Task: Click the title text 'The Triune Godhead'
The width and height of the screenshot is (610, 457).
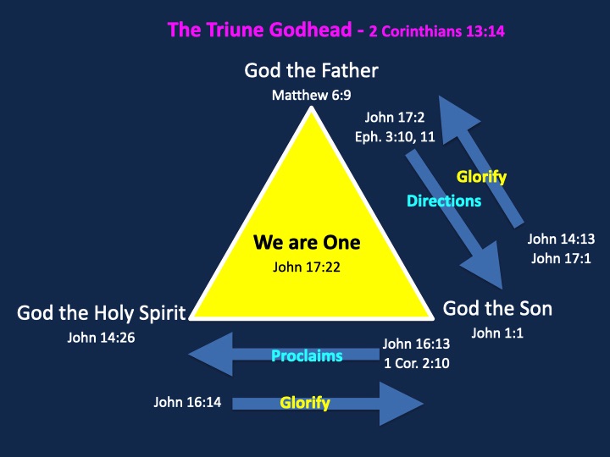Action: pos(260,30)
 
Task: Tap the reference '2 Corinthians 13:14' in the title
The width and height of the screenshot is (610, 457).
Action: pos(437,31)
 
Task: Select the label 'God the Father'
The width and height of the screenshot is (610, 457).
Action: pos(311,71)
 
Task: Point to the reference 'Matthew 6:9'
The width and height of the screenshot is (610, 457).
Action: pos(311,95)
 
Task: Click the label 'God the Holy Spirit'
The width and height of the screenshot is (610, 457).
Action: pos(102,313)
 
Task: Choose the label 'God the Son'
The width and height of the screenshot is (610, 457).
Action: pos(497,309)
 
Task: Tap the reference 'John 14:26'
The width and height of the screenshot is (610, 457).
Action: pos(101,338)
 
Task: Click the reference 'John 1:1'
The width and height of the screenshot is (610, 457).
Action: pos(497,333)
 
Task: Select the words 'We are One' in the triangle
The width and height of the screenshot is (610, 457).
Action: pos(307,242)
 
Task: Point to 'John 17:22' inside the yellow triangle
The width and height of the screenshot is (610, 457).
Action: pos(307,267)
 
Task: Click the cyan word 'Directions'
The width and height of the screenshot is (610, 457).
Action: pos(444,201)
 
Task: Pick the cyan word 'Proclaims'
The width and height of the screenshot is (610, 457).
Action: pos(307,355)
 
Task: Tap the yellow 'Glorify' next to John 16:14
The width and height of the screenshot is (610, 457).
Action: pos(305,403)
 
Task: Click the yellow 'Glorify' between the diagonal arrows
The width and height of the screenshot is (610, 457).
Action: pos(481,177)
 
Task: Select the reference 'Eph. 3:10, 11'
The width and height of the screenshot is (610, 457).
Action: pos(395,137)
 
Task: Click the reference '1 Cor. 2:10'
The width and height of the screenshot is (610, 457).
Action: pos(417,363)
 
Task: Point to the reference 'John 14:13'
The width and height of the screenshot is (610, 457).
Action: pos(561,239)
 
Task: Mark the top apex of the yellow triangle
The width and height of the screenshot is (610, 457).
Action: pos(311,107)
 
